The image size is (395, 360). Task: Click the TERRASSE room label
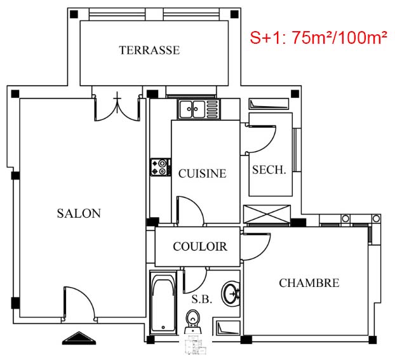pyautogui.click(x=149, y=50)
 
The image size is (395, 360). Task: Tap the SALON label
pyautogui.click(x=79, y=213)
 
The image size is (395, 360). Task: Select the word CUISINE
pyautogui.click(x=203, y=173)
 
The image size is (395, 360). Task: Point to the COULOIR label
pyautogui.click(x=200, y=246)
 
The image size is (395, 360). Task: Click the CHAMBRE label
pyautogui.click(x=309, y=283)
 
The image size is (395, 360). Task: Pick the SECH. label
pyautogui.click(x=269, y=170)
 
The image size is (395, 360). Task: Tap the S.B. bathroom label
pyautogui.click(x=202, y=299)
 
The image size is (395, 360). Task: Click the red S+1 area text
pyautogui.click(x=318, y=38)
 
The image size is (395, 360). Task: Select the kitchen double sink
pyautogui.click(x=199, y=109)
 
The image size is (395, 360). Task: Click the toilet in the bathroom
pyautogui.click(x=192, y=322)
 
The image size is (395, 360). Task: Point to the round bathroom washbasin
pyautogui.click(x=231, y=293)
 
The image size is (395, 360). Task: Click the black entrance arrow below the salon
pyautogui.click(x=79, y=338)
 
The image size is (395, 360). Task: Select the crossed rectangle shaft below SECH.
pyautogui.click(x=267, y=214)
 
